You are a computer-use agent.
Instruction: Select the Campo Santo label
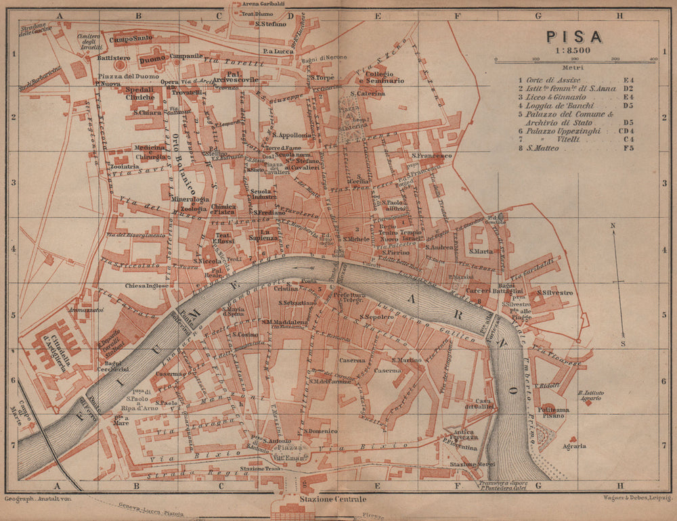point(132,39)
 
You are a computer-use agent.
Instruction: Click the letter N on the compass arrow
point(612,225)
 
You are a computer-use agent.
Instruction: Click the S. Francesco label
point(431,156)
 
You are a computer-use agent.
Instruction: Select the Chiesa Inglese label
point(146,286)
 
